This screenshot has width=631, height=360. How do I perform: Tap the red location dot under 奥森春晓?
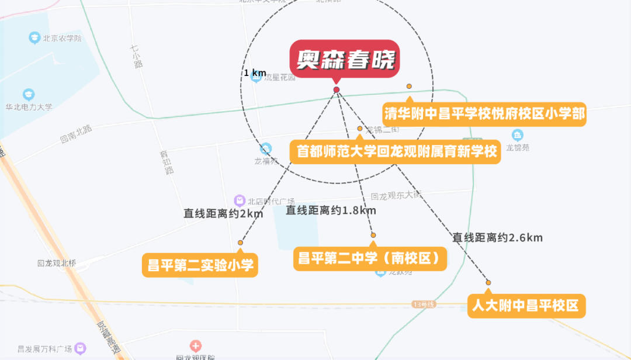point(337,89)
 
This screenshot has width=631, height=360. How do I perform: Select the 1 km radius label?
point(255,73)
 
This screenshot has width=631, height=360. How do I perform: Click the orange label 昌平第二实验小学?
point(200,265)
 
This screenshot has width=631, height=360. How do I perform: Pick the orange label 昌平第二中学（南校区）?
point(370,258)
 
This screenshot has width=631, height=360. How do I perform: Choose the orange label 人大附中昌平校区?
point(526,306)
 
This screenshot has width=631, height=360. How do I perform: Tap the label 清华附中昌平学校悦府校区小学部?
point(484,113)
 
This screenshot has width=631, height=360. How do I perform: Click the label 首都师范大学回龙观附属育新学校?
point(396,151)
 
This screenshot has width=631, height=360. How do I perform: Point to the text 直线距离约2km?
point(224,213)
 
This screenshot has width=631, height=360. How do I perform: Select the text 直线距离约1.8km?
point(331,210)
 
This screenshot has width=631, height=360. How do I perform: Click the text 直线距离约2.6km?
point(498,237)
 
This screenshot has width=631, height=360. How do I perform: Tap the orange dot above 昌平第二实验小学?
point(240,243)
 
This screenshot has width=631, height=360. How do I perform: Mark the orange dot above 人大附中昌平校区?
point(488,283)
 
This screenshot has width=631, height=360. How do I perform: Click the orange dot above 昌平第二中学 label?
point(373,235)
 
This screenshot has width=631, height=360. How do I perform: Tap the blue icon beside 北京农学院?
point(34,38)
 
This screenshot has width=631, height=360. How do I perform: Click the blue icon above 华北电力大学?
point(28,94)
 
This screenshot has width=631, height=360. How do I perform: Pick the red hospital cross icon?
point(196,346)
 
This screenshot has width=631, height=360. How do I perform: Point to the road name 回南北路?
point(76,134)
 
